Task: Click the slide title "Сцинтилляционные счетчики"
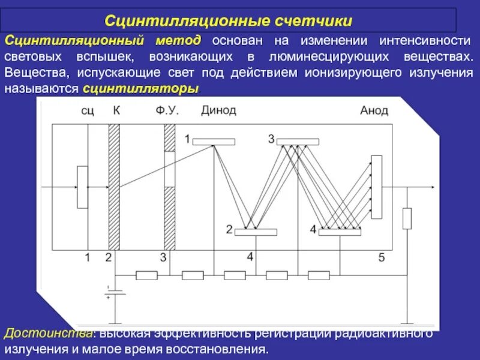tap(229, 21)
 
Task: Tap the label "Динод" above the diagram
tap(218, 110)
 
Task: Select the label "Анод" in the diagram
tap(374, 110)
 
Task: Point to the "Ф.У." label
tap(167, 110)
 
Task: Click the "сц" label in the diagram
tap(88, 111)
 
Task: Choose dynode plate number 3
tap(298, 142)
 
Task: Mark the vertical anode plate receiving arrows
tap(376, 185)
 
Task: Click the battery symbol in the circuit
tap(115, 292)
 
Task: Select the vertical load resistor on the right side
tap(407, 218)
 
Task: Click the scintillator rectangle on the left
tap(82, 187)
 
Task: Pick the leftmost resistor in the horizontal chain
tap(147, 275)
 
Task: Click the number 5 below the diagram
tap(382, 258)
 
